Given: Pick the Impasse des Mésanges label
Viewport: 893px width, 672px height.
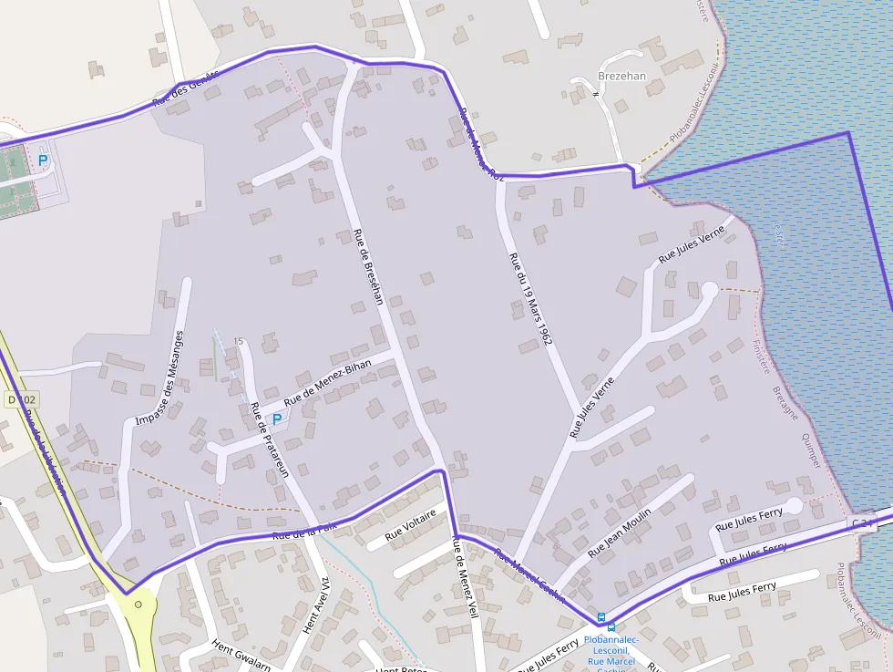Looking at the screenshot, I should tap(159, 378).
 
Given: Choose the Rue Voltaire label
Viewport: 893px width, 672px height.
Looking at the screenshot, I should tap(410, 526).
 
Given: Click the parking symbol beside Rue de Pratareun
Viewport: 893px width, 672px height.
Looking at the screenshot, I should tap(277, 419).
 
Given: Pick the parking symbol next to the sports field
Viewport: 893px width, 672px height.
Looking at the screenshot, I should tap(43, 160).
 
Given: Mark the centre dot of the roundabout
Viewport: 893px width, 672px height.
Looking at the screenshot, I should tap(138, 604).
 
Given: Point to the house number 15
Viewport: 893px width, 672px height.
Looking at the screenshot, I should tap(238, 341).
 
